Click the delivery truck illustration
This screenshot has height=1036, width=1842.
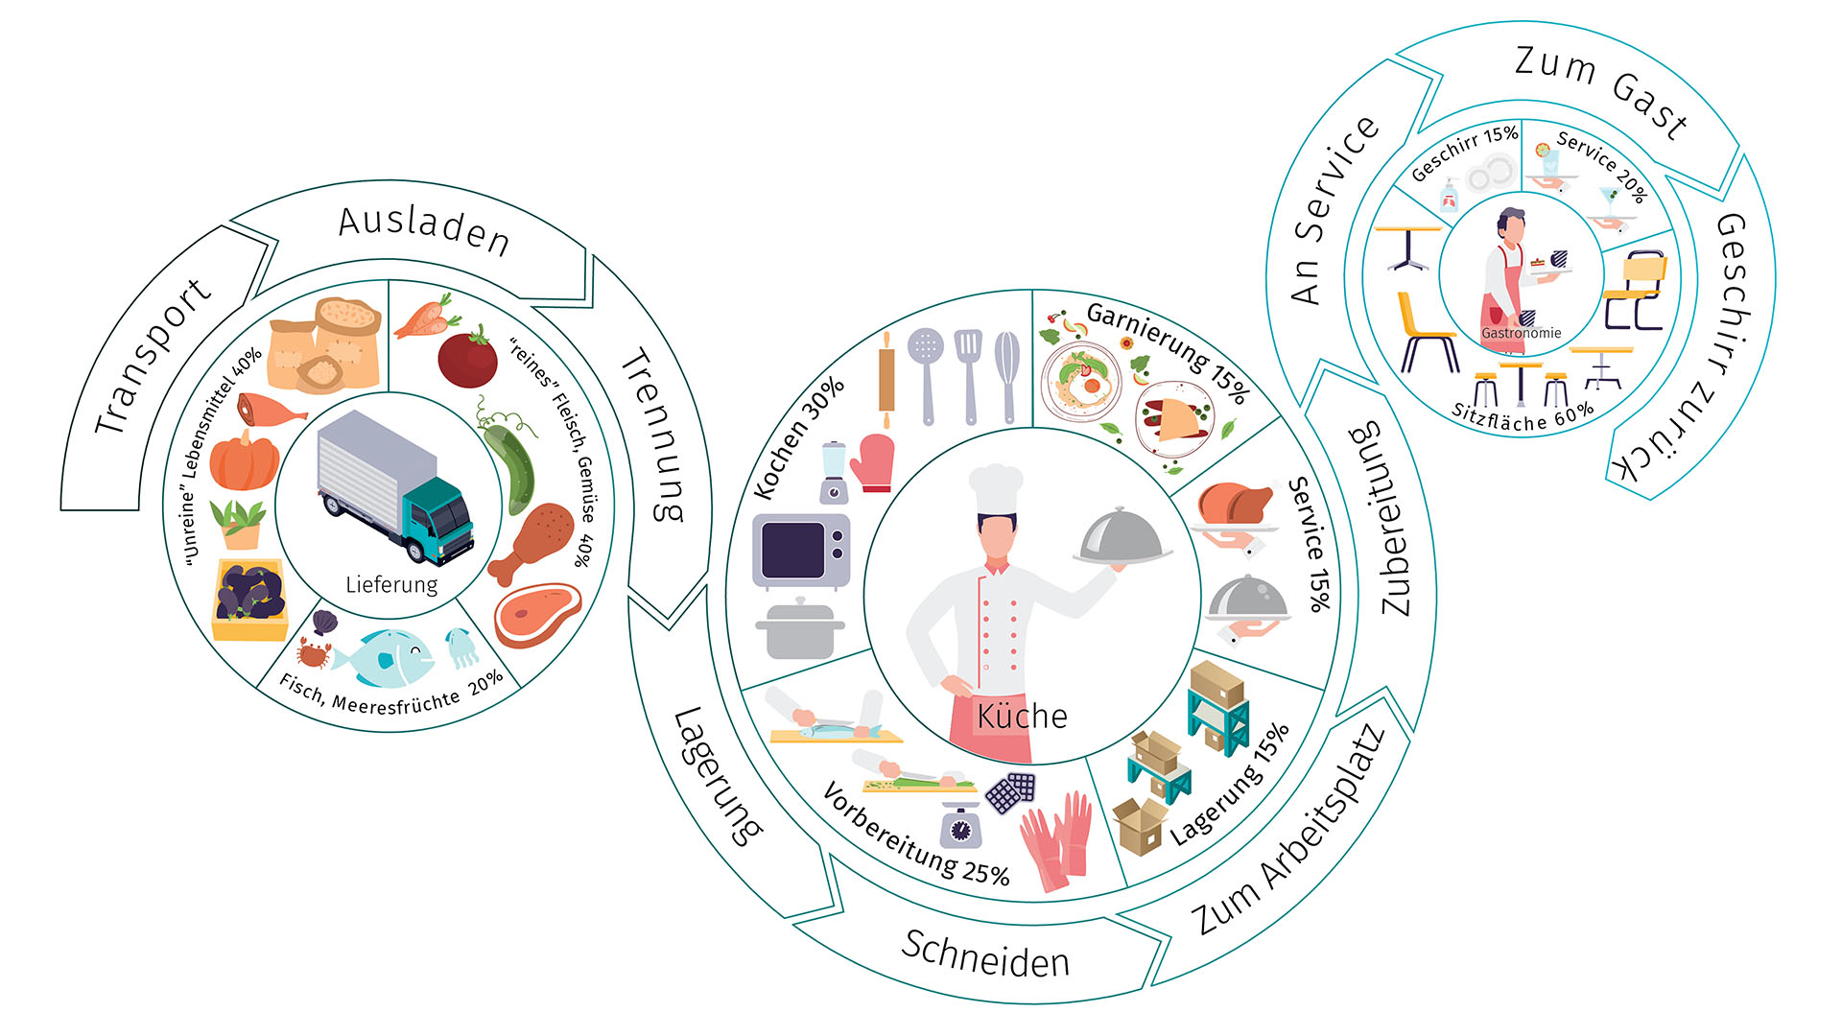(395, 486)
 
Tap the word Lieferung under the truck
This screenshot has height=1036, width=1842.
(391, 584)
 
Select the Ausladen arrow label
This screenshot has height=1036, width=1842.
(424, 230)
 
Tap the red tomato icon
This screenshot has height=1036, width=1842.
(467, 357)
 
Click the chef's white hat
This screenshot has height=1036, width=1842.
(996, 490)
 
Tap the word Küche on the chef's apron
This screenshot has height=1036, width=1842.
(1022, 716)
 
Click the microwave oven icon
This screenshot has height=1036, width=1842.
(801, 551)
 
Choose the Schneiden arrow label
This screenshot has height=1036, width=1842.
(985, 954)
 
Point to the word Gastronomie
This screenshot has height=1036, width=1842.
(1521, 333)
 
